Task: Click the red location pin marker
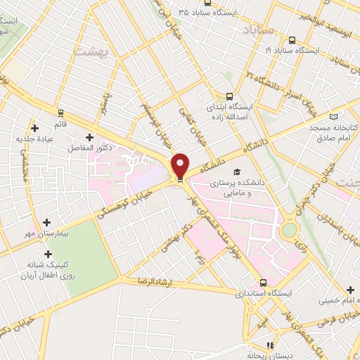coord(180,166)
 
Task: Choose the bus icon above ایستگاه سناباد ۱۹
coord(292,40)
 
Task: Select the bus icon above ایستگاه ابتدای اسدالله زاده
coord(229,98)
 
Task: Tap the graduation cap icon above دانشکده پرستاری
coord(238,172)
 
